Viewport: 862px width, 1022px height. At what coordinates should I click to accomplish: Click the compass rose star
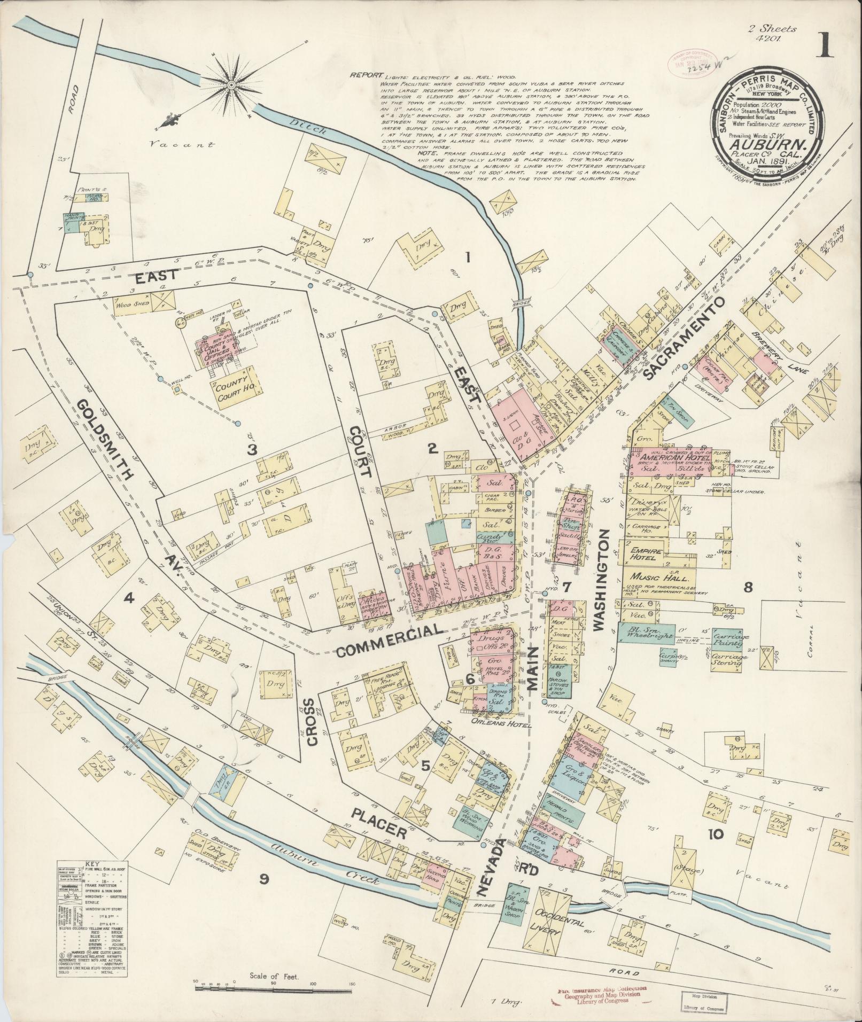(231, 85)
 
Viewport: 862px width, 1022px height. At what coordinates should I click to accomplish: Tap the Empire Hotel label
(647, 553)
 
